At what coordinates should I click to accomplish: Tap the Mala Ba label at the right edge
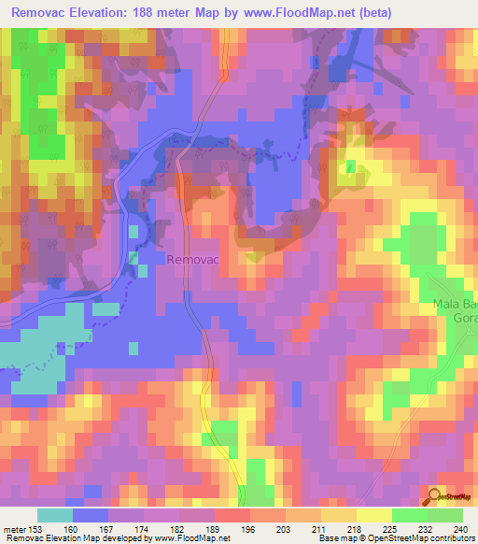[x=455, y=305]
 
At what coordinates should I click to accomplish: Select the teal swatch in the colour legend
[x=55, y=515]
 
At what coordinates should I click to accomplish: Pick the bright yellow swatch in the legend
[x=373, y=515]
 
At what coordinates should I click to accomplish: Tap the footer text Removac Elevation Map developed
[x=75, y=539]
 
